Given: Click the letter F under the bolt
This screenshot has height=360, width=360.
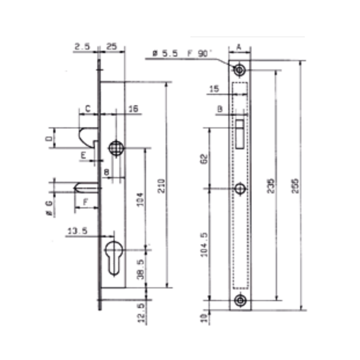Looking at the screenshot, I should point(85,202).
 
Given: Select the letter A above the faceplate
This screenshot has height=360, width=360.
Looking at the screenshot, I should point(239,46).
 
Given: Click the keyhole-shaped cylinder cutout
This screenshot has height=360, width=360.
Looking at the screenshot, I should point(113,256).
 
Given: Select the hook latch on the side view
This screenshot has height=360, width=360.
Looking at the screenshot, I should point(88,135).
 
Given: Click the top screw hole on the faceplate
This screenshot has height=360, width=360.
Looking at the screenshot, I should point(240,70).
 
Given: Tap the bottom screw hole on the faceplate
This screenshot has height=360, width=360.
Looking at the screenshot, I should point(240,301).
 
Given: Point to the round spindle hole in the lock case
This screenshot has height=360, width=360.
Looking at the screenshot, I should point(115,148).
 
